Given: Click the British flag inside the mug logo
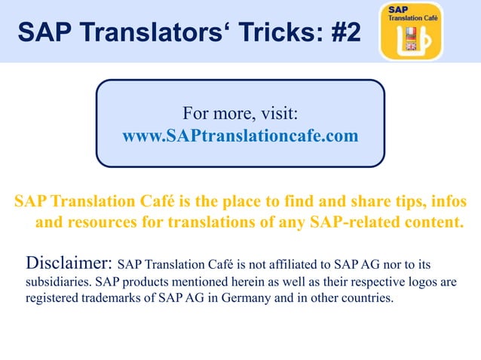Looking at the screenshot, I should point(411,45).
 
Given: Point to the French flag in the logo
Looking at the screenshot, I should point(411,33).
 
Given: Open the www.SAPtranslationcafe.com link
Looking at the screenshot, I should point(240,136).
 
